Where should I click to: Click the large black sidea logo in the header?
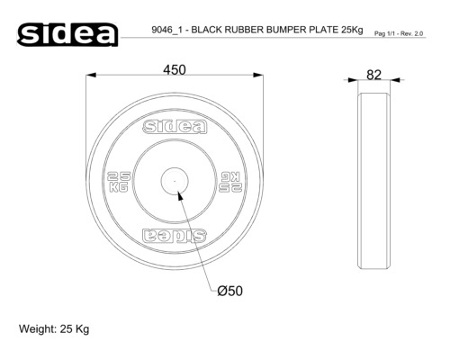(x=67, y=34)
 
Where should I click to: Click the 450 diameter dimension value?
(x=175, y=70)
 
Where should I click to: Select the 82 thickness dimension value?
(x=373, y=75)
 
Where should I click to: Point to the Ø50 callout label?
(x=230, y=291)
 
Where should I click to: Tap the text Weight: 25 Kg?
(x=54, y=329)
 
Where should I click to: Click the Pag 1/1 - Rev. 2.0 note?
(x=399, y=33)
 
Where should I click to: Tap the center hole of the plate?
(x=175, y=181)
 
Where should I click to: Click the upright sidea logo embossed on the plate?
(x=175, y=127)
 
